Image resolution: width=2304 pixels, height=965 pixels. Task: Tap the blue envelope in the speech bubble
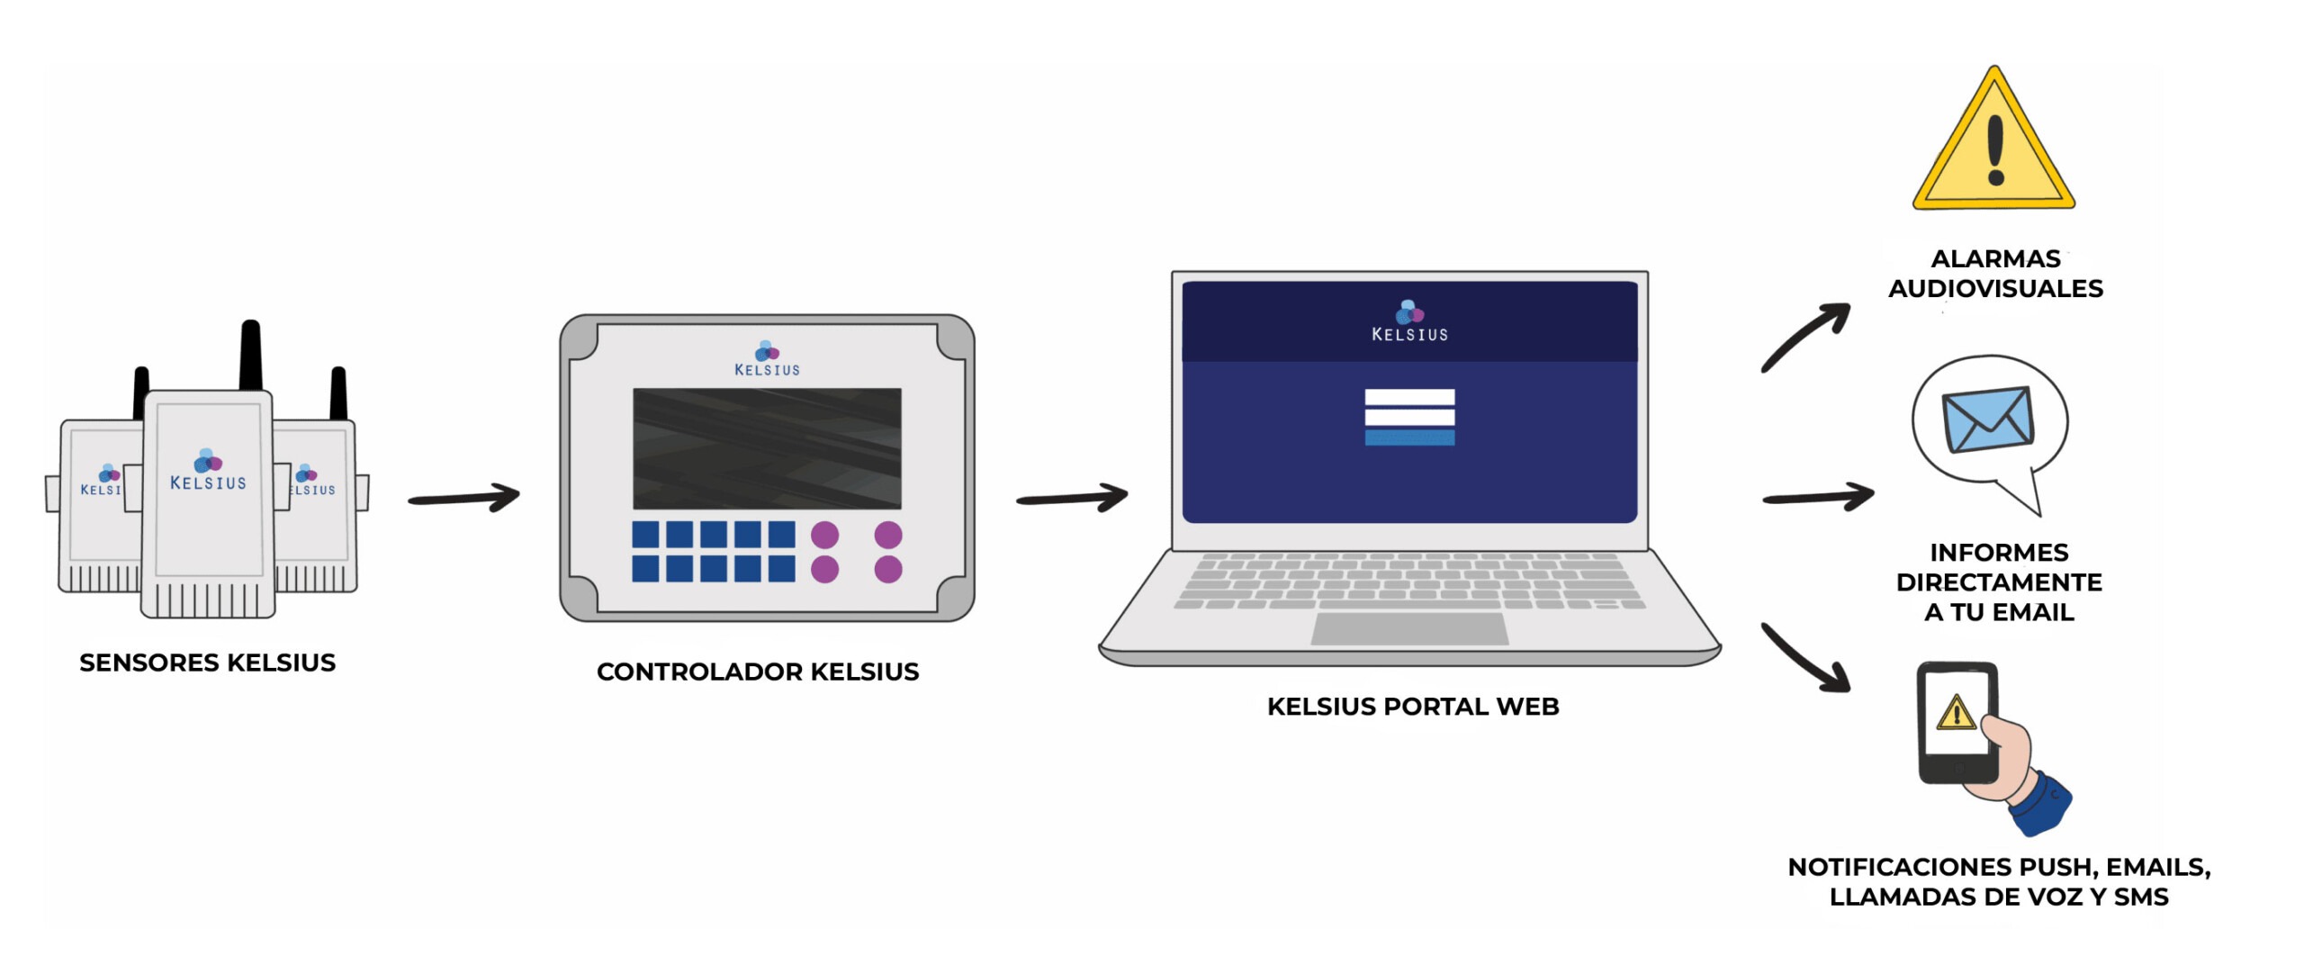pyautogui.click(x=1986, y=419)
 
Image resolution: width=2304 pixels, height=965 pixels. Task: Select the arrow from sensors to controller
pyautogui.click(x=463, y=497)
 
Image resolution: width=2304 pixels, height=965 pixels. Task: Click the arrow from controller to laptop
pyautogui.click(x=1072, y=497)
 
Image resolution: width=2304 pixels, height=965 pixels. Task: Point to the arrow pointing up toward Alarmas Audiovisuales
pyautogui.click(x=1805, y=337)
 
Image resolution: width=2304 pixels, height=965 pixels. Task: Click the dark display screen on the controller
pyautogui.click(x=766, y=448)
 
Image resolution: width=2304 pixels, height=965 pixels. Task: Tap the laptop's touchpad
pyautogui.click(x=1408, y=628)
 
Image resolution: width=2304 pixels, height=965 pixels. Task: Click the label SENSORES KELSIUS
pyautogui.click(x=207, y=663)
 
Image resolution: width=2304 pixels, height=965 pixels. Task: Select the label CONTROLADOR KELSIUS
pyautogui.click(x=757, y=672)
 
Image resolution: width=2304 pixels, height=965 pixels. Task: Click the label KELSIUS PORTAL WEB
pyautogui.click(x=1412, y=707)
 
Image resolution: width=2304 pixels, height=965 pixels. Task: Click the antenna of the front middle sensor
pyautogui.click(x=250, y=356)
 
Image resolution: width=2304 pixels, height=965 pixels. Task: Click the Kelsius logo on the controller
pyautogui.click(x=766, y=358)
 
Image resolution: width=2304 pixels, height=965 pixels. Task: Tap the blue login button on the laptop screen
pyautogui.click(x=1408, y=437)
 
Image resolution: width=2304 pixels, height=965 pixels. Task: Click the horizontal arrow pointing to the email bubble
pyautogui.click(x=1818, y=497)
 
